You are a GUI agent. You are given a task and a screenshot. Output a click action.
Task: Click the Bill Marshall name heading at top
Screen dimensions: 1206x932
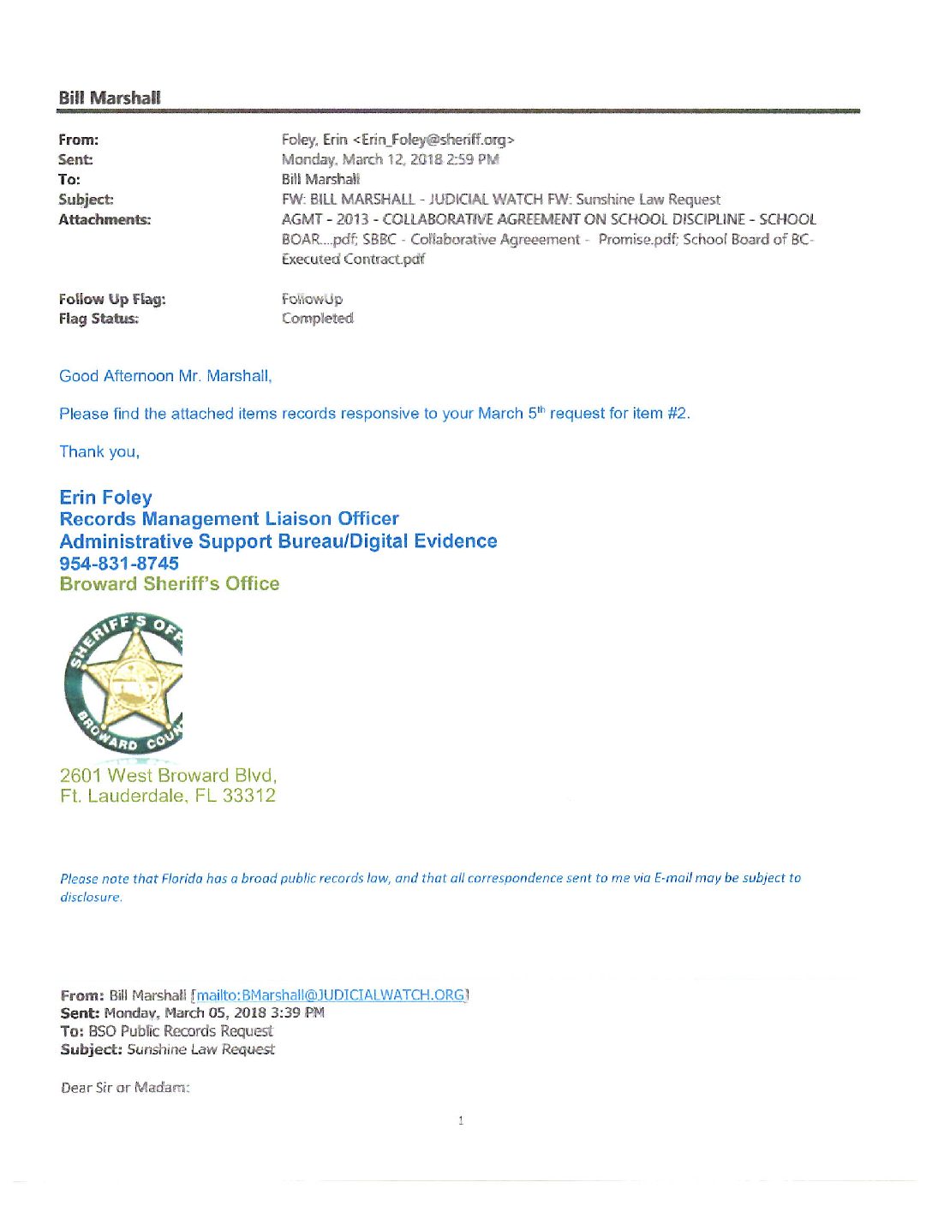[109, 98]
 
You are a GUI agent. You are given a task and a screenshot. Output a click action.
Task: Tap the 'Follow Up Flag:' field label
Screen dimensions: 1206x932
[112, 299]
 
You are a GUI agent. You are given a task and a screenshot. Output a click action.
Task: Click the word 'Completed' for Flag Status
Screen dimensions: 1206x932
[317, 319]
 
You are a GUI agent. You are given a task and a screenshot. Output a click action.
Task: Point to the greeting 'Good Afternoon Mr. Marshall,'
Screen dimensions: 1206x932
[165, 376]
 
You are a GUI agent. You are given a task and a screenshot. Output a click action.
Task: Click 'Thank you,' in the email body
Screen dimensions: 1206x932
[99, 452]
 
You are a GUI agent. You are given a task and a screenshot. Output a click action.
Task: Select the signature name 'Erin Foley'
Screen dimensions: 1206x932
[105, 498]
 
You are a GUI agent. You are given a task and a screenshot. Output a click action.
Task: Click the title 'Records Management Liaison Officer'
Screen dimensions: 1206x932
[229, 519]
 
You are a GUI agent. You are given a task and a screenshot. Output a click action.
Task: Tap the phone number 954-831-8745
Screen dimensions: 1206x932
[119, 564]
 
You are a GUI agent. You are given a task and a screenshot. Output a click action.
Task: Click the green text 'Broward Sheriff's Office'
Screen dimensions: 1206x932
[170, 584]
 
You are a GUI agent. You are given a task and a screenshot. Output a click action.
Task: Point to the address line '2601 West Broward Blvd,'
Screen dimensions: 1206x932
[168, 776]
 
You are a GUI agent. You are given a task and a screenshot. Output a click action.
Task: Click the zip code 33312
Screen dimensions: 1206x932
[249, 796]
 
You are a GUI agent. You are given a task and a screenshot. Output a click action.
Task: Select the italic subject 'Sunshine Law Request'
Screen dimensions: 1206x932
[200, 1049]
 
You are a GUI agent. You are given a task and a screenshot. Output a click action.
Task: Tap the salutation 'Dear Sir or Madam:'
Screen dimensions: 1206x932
[125, 1088]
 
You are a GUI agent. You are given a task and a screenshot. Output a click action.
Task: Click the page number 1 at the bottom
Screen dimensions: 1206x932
[461, 1120]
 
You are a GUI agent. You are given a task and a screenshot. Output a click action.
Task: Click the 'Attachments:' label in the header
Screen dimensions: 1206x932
[105, 220]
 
